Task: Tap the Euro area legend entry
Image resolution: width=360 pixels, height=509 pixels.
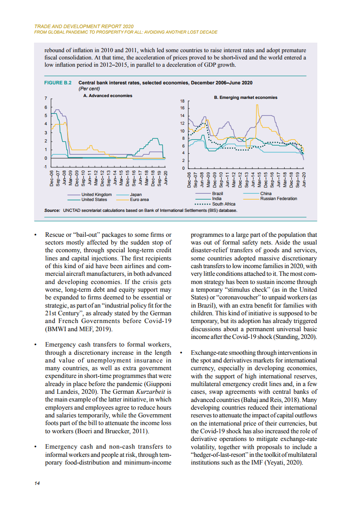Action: pyautogui.click(x=139, y=199)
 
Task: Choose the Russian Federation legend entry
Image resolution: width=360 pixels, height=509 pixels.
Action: pyautogui.click(x=278, y=199)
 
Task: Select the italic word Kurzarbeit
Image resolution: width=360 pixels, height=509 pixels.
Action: pyautogui.click(x=153, y=392)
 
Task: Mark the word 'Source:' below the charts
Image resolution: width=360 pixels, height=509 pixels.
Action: pyautogui.click(x=52, y=210)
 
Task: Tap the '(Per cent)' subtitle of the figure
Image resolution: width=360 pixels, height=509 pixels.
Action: pyautogui.click(x=89, y=89)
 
